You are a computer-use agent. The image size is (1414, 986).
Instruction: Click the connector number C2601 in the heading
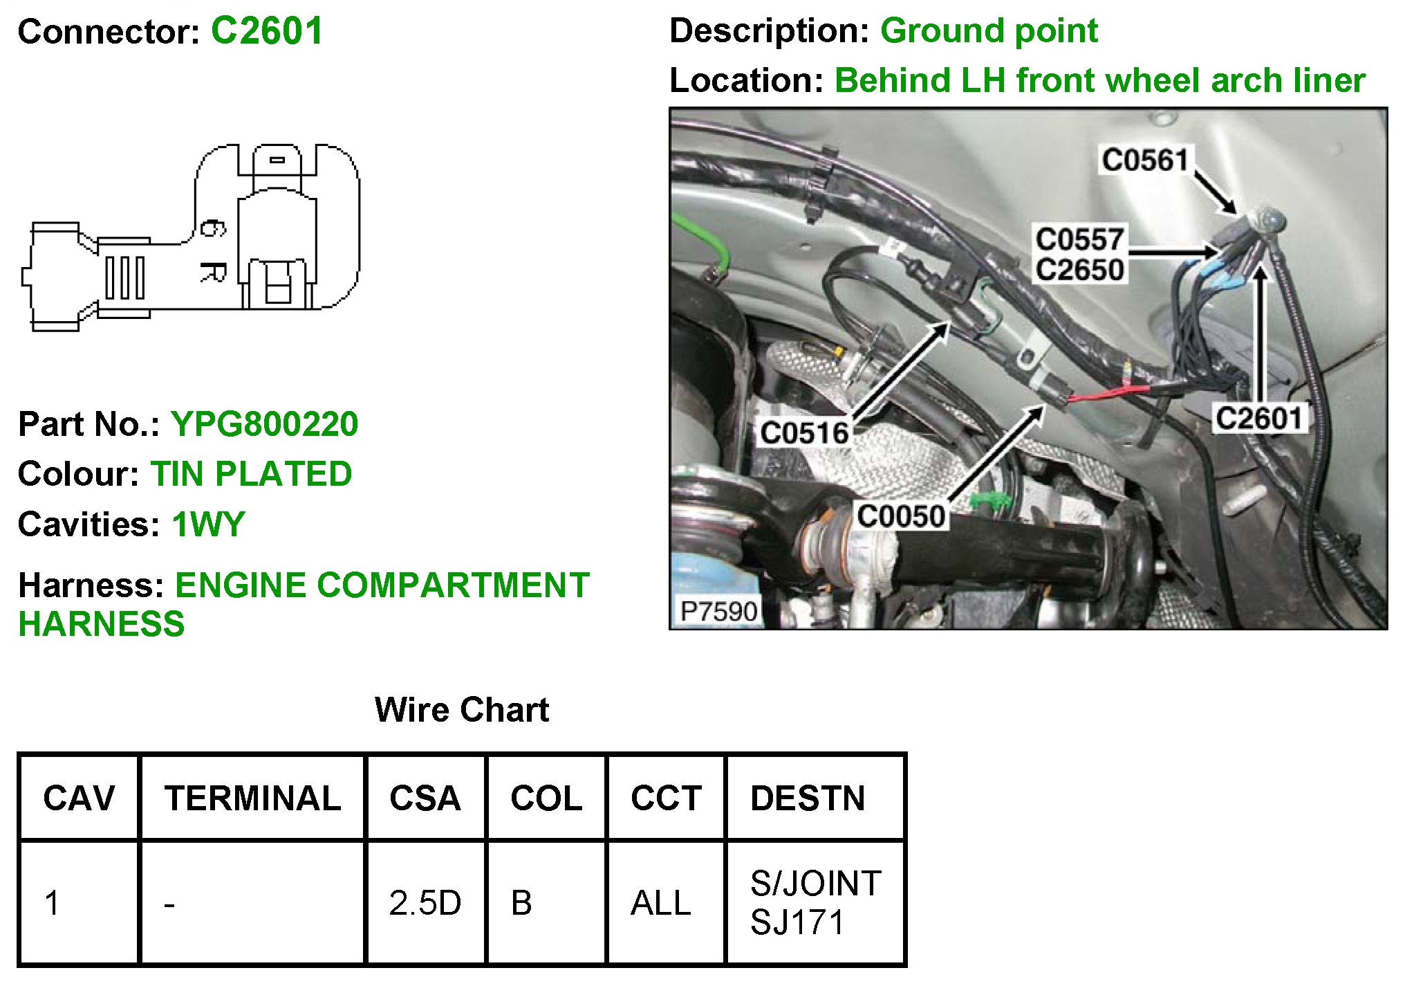[x=267, y=31]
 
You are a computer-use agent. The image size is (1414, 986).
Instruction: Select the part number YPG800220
[x=264, y=424]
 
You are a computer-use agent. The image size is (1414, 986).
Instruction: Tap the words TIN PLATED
[x=251, y=474]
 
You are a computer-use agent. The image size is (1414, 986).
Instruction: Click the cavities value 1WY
[x=208, y=524]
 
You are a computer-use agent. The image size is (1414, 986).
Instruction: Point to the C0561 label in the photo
[x=1144, y=160]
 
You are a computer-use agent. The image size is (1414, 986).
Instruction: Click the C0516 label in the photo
[x=803, y=433]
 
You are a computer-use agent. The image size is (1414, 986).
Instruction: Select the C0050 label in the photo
[x=900, y=516]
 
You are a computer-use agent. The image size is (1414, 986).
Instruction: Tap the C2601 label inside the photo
[x=1258, y=419]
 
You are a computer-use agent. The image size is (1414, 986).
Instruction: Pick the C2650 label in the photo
[x=1079, y=270]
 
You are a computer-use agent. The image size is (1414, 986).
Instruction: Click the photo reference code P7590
[x=718, y=611]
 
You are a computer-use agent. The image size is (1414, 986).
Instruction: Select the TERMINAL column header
[x=252, y=798]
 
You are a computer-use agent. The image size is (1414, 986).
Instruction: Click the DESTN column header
[x=808, y=798]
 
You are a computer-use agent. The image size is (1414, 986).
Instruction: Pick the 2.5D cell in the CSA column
[x=425, y=903]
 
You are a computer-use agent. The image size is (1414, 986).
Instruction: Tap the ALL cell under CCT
[x=660, y=903]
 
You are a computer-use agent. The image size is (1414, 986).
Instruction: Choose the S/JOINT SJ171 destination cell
[x=815, y=903]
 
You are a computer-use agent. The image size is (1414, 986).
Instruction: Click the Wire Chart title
[x=461, y=710]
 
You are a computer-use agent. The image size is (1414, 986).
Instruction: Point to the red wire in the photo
[x=1106, y=393]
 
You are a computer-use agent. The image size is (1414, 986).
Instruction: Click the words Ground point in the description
[x=989, y=31]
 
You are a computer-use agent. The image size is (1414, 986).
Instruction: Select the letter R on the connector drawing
[x=212, y=272]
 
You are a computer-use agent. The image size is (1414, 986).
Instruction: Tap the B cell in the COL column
[x=521, y=903]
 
